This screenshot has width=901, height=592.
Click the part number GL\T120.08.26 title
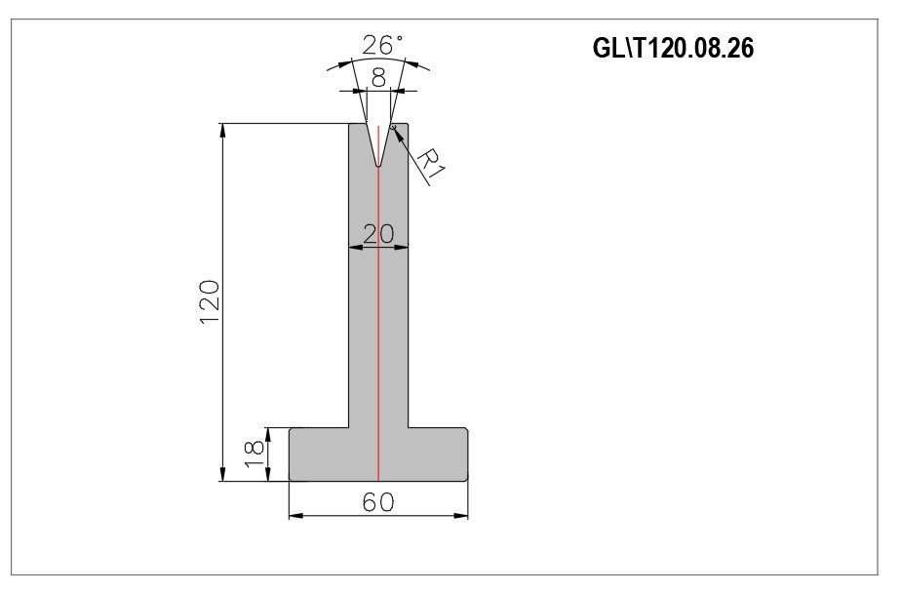(x=673, y=49)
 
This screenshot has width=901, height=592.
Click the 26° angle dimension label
(x=382, y=45)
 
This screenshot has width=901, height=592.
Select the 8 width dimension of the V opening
(x=378, y=78)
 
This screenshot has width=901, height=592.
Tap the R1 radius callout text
(x=431, y=165)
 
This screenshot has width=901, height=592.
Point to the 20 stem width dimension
(x=378, y=234)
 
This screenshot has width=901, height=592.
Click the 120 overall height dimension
(x=210, y=302)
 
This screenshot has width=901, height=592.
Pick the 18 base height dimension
(x=254, y=454)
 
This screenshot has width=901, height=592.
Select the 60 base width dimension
(x=378, y=502)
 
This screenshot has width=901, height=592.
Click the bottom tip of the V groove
(x=378, y=167)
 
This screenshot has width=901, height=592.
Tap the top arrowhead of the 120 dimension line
(x=222, y=130)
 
